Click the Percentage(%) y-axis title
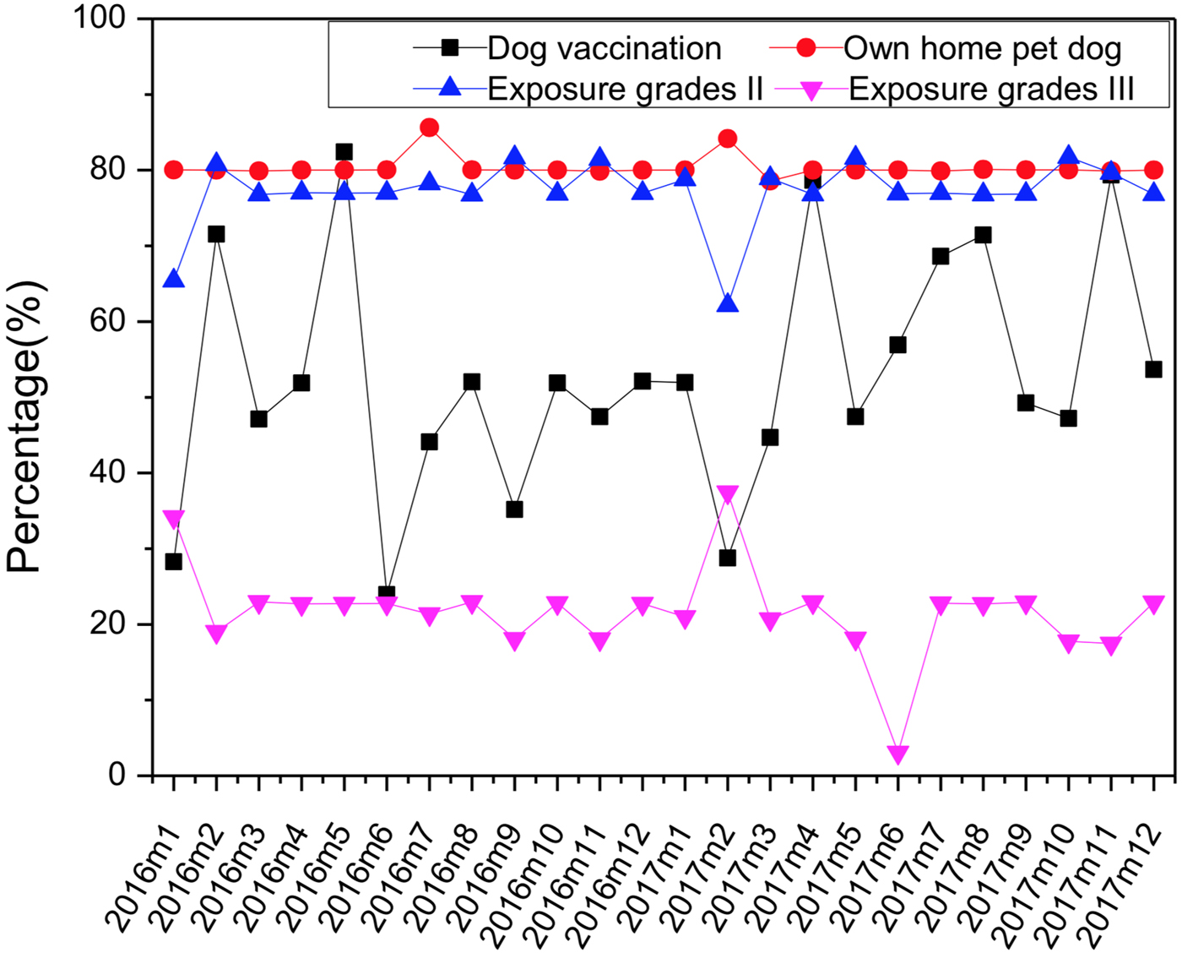(x=25, y=427)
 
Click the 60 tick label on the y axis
(x=110, y=321)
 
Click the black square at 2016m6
(x=387, y=594)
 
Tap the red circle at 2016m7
(x=429, y=128)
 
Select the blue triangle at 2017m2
(x=727, y=303)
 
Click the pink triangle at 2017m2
(x=727, y=494)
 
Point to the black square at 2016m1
(x=173, y=561)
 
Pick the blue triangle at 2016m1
(x=173, y=279)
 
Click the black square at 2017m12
(x=1153, y=369)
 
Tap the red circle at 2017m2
(x=727, y=139)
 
